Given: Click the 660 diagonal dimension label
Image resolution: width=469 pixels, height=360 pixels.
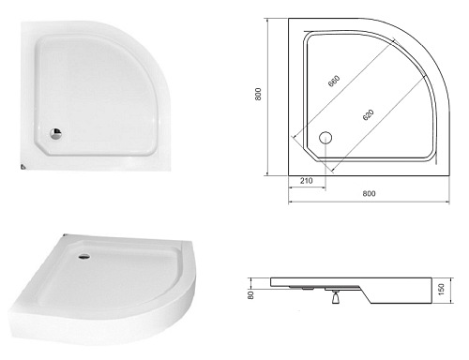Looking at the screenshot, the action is [x=334, y=81].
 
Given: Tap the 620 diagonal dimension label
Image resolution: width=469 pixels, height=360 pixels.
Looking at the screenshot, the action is [x=369, y=114].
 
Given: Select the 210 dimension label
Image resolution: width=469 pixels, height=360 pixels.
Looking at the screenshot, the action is [x=306, y=181].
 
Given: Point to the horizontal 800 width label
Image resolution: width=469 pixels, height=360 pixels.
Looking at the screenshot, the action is [x=369, y=193].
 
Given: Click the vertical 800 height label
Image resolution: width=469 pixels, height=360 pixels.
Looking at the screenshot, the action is [x=258, y=94].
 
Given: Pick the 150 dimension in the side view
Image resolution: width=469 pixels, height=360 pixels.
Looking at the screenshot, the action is [x=441, y=290].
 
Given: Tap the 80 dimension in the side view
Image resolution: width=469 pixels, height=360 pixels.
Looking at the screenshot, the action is [x=250, y=295].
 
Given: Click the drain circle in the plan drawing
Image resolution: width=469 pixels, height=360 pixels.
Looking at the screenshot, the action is [x=325, y=138].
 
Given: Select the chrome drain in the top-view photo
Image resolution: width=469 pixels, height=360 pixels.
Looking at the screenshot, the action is [x=55, y=134].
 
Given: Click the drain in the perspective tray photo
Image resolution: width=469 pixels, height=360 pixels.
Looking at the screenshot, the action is [x=84, y=257].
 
